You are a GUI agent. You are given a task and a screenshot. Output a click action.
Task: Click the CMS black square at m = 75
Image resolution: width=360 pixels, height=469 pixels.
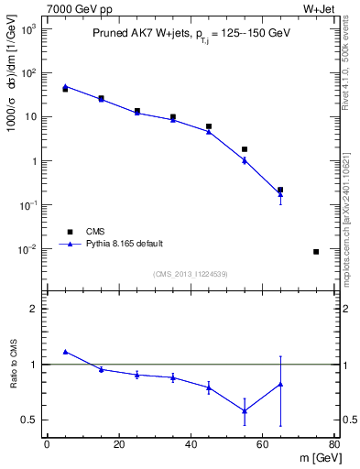(x=316, y=251)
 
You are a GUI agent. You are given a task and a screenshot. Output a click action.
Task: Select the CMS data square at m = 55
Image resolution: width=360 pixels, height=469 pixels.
(x=245, y=148)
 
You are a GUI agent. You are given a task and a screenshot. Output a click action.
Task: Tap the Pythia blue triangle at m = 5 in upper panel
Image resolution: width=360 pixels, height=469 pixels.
(x=65, y=86)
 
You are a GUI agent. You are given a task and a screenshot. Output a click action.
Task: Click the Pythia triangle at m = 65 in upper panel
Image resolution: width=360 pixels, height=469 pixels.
(x=280, y=194)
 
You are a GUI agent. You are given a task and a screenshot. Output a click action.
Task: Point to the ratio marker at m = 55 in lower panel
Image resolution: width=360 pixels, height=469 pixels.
(x=245, y=410)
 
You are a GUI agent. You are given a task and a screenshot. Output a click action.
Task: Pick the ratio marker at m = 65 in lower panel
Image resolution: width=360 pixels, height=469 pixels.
(x=280, y=384)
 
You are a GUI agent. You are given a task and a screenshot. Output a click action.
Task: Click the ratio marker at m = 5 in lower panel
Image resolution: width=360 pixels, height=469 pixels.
(x=65, y=351)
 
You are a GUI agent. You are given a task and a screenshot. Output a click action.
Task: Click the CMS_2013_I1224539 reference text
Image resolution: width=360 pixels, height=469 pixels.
(x=190, y=274)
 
